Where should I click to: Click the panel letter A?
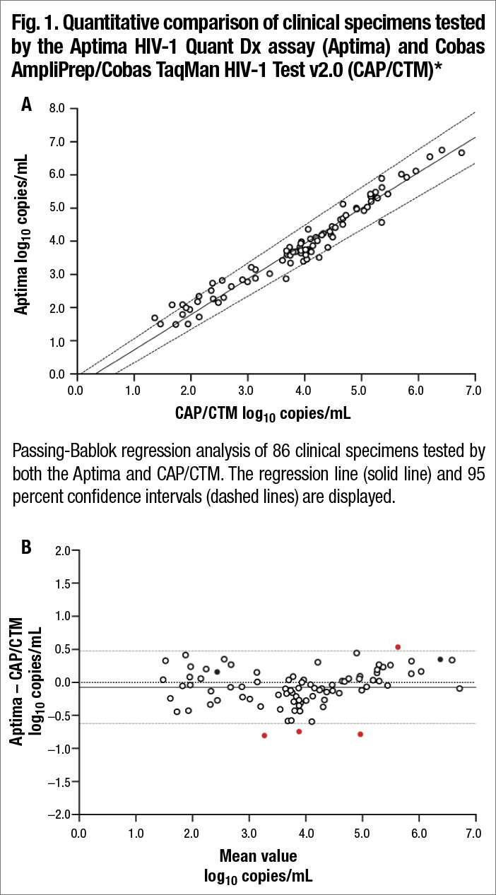[27, 106]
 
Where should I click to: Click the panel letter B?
[27, 547]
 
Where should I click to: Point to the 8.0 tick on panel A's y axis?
[57, 108]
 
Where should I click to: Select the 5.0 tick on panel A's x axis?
[361, 388]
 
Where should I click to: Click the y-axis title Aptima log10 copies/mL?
[23, 241]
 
